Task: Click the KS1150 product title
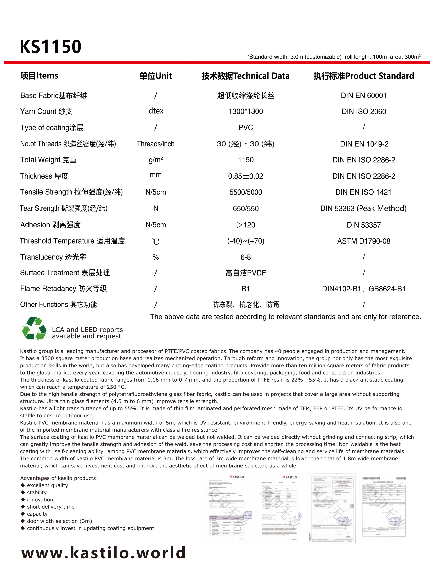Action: tap(50, 47)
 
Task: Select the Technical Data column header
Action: tap(245, 76)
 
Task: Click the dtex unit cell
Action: tap(156, 111)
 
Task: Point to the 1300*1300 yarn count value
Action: tap(246, 112)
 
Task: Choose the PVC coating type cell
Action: tap(246, 128)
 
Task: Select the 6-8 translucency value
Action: tap(246, 257)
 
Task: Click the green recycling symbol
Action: tap(34, 329)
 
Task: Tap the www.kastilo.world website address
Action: tap(104, 552)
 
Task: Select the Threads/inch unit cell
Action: tap(156, 144)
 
